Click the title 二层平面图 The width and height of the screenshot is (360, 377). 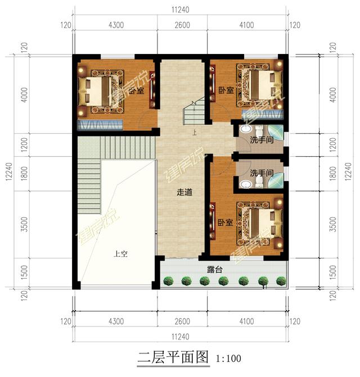[x=173, y=358]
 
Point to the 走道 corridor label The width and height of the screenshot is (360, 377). [x=184, y=192]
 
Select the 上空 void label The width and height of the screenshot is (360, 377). [x=120, y=253]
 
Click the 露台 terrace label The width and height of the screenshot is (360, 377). [x=214, y=270]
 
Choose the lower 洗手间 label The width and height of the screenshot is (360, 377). [x=262, y=173]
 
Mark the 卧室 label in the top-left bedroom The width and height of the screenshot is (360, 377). [x=135, y=90]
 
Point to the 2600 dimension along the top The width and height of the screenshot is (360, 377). [x=182, y=25]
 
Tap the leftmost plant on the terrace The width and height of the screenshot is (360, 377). [x=168, y=280]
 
